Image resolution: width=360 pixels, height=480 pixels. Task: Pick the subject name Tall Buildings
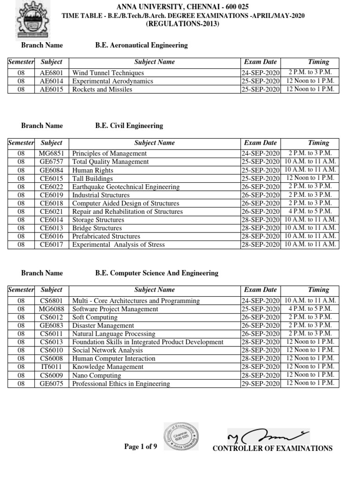[92, 178]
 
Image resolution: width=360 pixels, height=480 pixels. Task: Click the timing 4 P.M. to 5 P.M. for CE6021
[310, 211]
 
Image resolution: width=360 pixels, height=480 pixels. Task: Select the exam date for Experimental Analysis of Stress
[260, 244]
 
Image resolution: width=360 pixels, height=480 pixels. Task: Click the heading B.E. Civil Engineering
[129, 126]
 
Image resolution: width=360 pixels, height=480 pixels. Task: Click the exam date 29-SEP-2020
[260, 383]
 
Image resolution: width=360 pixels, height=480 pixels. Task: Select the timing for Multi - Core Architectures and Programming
[310, 300]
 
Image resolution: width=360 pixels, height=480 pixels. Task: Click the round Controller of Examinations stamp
[181, 437]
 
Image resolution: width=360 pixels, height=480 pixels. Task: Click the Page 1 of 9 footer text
[140, 447]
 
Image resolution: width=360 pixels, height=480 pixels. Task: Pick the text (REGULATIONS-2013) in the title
[183, 24]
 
